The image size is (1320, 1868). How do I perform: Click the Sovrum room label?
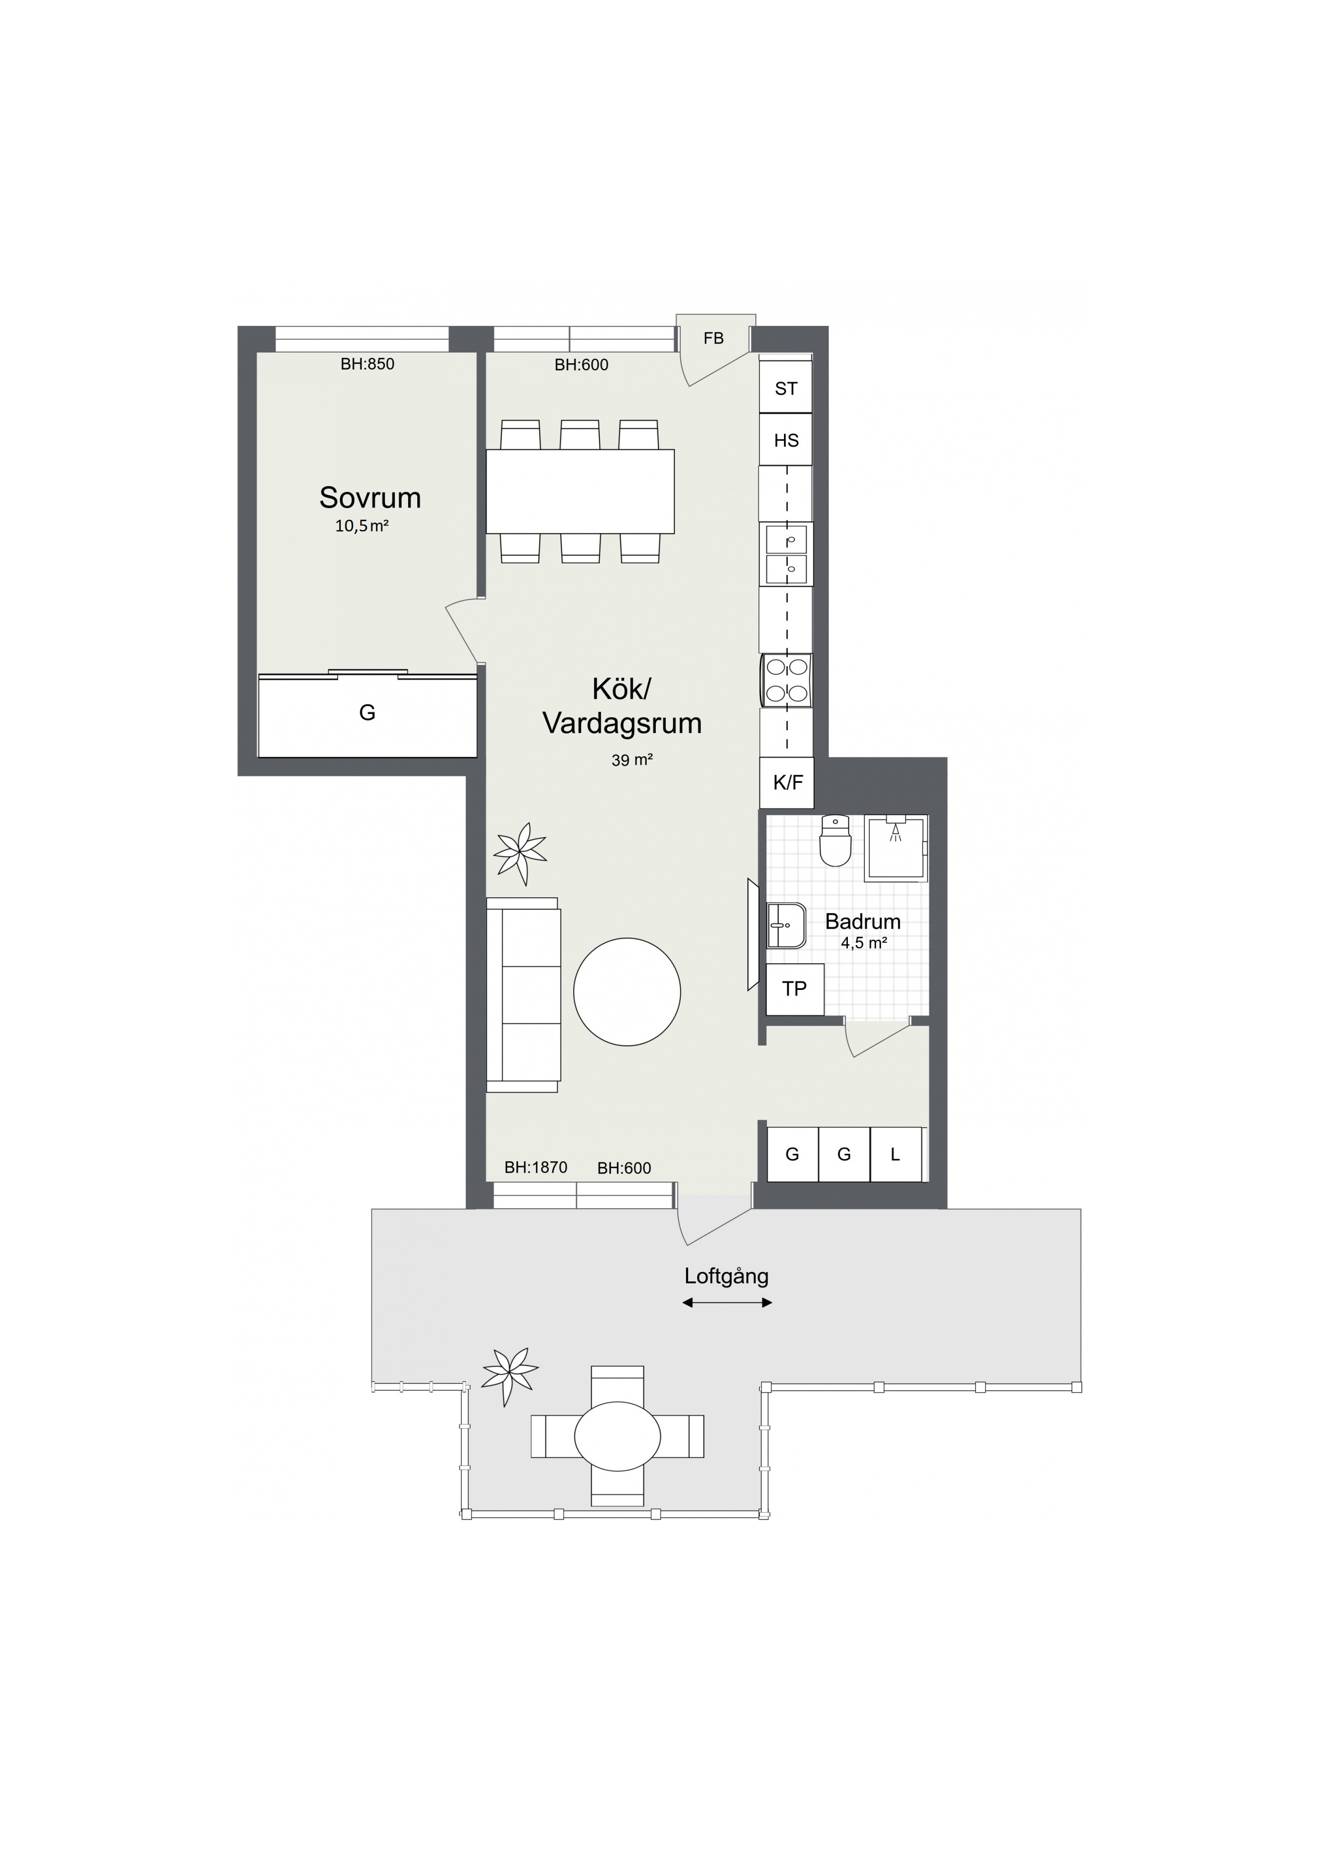pyautogui.click(x=370, y=497)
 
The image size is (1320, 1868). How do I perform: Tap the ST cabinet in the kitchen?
pyautogui.click(x=786, y=388)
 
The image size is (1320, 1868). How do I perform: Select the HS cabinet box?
pyautogui.click(x=786, y=440)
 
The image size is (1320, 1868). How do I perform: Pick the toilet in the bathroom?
pyautogui.click(x=835, y=840)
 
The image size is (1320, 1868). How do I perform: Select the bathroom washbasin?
pyautogui.click(x=786, y=925)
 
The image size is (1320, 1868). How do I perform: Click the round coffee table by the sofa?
pyautogui.click(x=627, y=992)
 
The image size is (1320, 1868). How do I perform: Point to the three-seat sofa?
pyautogui.click(x=523, y=994)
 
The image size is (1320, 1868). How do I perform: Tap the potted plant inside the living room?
pyautogui.click(x=519, y=854)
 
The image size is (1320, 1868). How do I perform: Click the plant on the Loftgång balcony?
pyautogui.click(x=510, y=1376)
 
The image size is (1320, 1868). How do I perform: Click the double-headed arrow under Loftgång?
pyautogui.click(x=727, y=1302)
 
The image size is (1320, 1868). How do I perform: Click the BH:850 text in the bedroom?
pyautogui.click(x=368, y=364)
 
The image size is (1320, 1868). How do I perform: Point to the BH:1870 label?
pyautogui.click(x=536, y=1167)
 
